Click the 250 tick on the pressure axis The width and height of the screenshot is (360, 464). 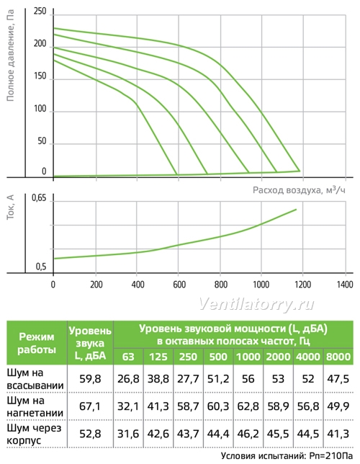coord(40,12)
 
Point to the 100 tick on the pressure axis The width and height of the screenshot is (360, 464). coord(40,109)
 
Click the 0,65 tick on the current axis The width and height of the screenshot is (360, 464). coord(39,197)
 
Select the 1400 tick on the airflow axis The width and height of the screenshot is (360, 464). coord(345,285)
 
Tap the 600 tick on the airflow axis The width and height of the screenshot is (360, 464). coord(179,285)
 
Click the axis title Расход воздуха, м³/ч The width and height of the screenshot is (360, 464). coord(299,189)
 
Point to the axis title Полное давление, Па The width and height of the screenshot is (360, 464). coord(10,55)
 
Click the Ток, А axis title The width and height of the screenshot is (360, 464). coord(10,208)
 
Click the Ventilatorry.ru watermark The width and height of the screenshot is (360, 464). coord(256,304)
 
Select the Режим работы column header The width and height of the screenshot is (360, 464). coord(37,343)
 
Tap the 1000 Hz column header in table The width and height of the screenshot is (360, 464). coord(248,357)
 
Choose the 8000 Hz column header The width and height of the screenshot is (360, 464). coord(338,357)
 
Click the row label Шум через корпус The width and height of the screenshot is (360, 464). coord(34,434)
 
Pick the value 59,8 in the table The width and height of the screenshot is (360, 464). coord(90,379)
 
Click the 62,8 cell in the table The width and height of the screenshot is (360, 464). coord(248,406)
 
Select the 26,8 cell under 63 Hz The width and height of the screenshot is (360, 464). coord(128,379)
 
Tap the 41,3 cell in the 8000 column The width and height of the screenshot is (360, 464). coord(338,434)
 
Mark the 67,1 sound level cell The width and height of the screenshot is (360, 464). coord(90,406)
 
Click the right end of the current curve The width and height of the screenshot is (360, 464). coord(296,210)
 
